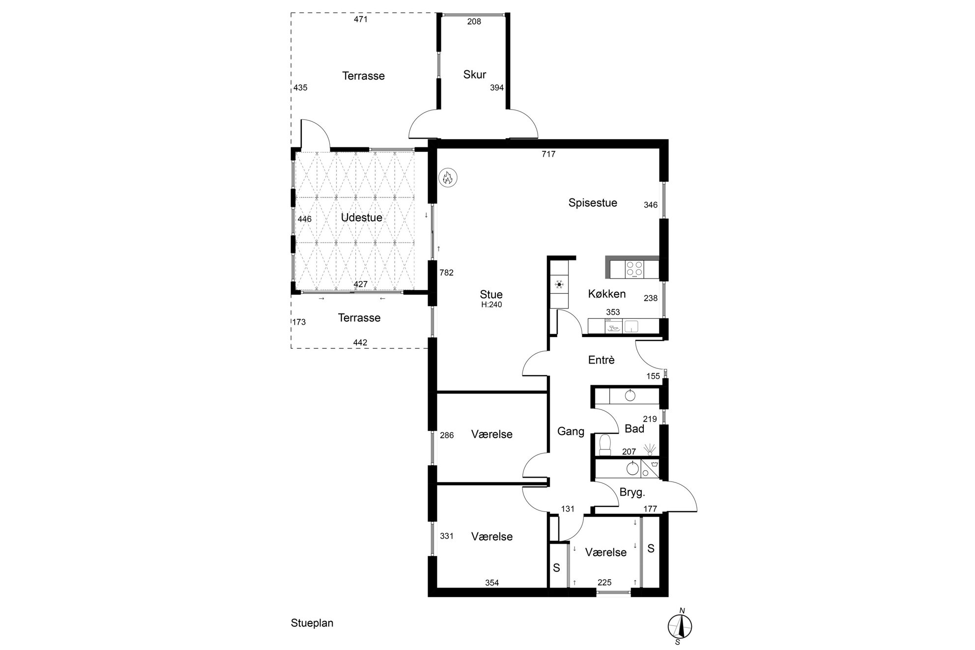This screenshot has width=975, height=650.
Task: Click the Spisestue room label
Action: (593, 203)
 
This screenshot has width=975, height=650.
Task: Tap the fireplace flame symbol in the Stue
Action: (447, 177)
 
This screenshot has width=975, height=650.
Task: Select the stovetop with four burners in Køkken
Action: (634, 269)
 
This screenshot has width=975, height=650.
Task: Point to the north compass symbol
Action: (680, 626)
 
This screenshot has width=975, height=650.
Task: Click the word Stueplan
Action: (312, 623)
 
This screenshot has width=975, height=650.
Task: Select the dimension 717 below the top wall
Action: (548, 154)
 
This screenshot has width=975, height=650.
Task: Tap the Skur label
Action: (475, 75)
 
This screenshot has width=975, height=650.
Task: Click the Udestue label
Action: (362, 218)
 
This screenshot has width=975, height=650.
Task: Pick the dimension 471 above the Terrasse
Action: (361, 20)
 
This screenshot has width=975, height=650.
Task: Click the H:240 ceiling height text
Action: (491, 305)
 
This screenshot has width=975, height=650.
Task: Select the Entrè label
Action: (602, 360)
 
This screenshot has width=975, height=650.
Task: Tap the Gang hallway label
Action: (571, 432)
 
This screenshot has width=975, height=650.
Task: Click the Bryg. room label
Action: (632, 492)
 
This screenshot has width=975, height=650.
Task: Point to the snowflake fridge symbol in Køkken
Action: (559, 284)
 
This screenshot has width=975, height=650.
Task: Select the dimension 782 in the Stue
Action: (446, 273)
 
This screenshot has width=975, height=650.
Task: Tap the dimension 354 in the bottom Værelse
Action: (492, 583)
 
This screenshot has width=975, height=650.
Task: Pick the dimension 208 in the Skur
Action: (474, 22)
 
